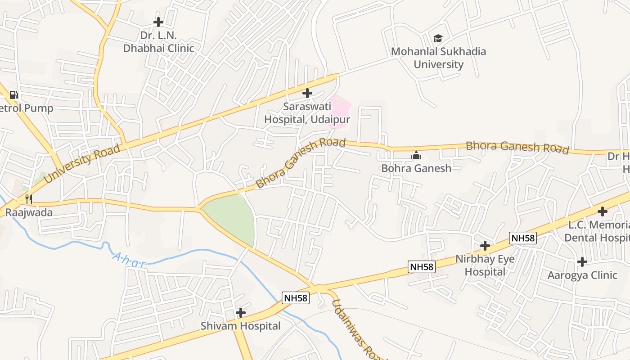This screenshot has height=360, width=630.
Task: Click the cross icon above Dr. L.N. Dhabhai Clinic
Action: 158,22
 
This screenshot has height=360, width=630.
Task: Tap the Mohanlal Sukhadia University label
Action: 438,58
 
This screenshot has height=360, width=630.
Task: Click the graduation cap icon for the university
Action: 438,39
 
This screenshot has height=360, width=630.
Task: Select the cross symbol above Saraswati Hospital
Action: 307,93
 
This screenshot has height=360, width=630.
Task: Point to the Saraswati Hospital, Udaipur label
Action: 307,113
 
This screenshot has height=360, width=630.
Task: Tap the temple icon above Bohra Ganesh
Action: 416,156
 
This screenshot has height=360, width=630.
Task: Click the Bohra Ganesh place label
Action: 416,168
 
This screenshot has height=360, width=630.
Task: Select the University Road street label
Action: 82,163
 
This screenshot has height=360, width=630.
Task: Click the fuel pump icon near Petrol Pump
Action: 13,95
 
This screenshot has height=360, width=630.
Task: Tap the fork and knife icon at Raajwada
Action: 28,199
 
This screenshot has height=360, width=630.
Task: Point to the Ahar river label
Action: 129,260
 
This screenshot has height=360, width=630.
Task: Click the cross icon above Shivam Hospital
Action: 241,312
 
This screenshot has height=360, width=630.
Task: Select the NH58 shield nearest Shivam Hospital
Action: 296,297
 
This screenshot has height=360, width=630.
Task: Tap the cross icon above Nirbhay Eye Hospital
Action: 485,246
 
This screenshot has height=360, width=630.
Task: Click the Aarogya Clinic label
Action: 582,275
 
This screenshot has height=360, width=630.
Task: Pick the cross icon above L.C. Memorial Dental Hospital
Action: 602,211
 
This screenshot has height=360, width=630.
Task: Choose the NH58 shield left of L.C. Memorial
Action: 523,238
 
